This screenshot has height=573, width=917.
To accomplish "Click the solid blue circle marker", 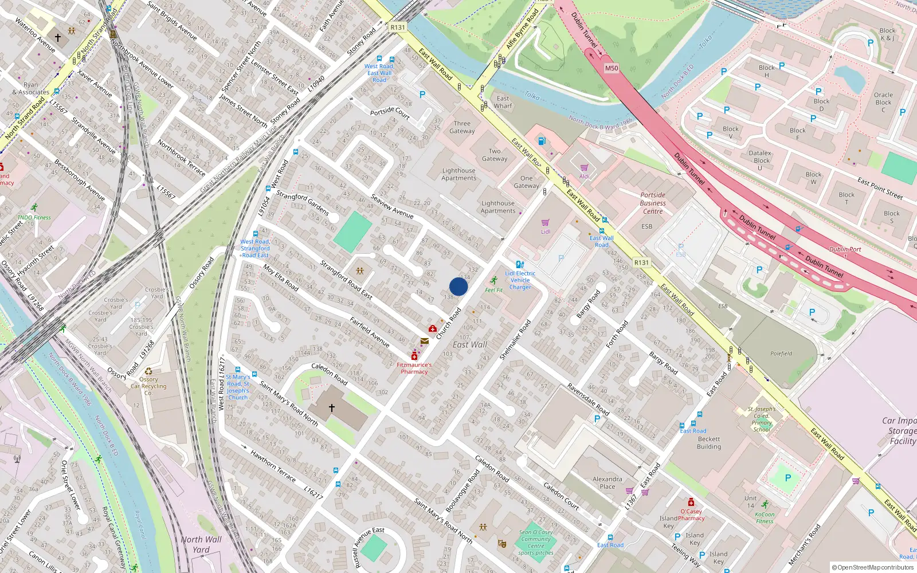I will tap(458, 286).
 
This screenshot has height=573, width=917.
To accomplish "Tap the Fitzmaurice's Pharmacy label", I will tap(414, 368).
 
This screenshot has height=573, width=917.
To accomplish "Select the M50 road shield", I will tap(612, 68).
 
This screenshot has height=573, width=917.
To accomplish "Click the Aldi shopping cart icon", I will tap(584, 168).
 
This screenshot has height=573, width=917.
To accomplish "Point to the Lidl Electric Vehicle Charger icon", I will tap(519, 265).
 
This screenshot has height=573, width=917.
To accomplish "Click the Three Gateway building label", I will tap(462, 127).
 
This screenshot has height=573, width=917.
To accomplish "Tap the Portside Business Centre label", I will tap(652, 203).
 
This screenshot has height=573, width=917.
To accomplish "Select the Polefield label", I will tap(781, 354).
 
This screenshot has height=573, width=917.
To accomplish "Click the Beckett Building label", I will tap(709, 443).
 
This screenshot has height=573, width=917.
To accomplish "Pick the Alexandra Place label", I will tap(607, 482).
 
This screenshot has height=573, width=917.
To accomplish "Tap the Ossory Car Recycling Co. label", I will tap(148, 386).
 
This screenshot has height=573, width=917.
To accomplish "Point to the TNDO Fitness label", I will tap(34, 217).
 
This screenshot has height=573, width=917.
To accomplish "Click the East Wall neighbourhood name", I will tap(469, 344).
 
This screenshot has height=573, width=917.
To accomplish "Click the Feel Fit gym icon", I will tap(494, 280).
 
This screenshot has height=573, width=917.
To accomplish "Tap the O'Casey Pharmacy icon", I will tap(691, 503).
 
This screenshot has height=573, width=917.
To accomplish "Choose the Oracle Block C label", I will tap(883, 102).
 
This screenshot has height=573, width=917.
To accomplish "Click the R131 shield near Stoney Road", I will tap(397, 28).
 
